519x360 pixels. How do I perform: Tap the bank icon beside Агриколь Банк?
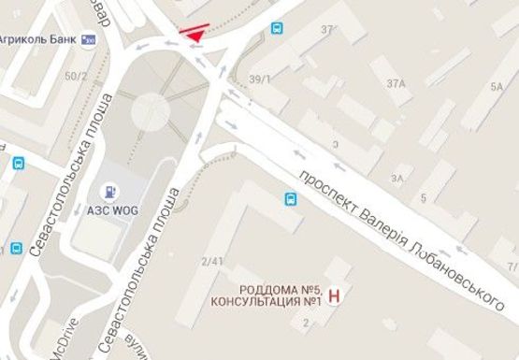point(90,38)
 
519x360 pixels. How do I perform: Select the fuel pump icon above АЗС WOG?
point(111,192)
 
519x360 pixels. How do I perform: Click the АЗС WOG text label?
point(112,210)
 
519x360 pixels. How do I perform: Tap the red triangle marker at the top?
point(194,35)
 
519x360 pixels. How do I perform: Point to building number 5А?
point(496,86)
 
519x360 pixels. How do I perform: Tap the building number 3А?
point(397,177)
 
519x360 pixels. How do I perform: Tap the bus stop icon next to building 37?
point(278,28)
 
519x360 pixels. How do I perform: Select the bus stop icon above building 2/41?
point(291,198)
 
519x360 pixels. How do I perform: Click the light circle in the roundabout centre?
point(151,111)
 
